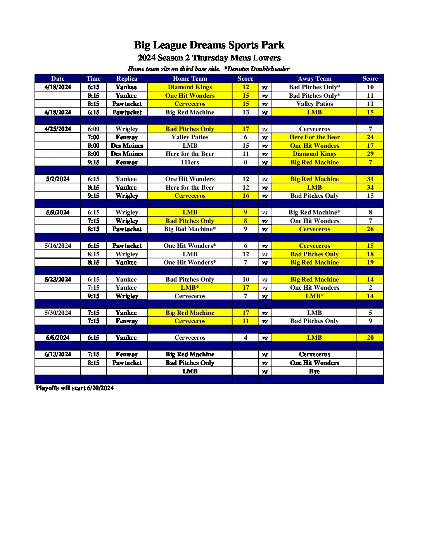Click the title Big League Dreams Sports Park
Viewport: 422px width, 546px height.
pos(209,45)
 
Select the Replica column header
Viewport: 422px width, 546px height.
pos(127,78)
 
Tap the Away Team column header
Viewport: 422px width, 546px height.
pos(314,78)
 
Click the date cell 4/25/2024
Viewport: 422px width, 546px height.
pos(58,129)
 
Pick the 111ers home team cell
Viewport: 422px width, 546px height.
pos(190,162)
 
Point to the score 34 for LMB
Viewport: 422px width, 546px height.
pos(370,187)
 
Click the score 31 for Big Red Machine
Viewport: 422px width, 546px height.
pos(370,179)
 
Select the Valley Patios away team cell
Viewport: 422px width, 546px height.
pos(314,104)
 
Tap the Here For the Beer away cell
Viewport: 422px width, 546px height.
pos(314,137)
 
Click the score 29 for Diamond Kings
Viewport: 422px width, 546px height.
pos(370,154)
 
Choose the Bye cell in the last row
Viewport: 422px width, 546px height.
pos(314,371)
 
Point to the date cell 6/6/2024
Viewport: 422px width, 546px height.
pos(58,337)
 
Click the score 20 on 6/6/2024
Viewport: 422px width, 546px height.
pos(370,337)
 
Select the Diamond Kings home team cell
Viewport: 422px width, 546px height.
pos(190,87)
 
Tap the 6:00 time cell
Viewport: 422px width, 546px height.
pos(93,129)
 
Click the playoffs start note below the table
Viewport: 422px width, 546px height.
pos(75,388)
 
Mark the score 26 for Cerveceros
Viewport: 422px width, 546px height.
pos(370,229)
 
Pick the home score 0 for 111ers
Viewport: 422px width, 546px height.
pos(246,162)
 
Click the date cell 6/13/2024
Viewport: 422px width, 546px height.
pos(58,354)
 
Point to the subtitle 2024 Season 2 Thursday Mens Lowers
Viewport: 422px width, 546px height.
pos(209,58)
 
